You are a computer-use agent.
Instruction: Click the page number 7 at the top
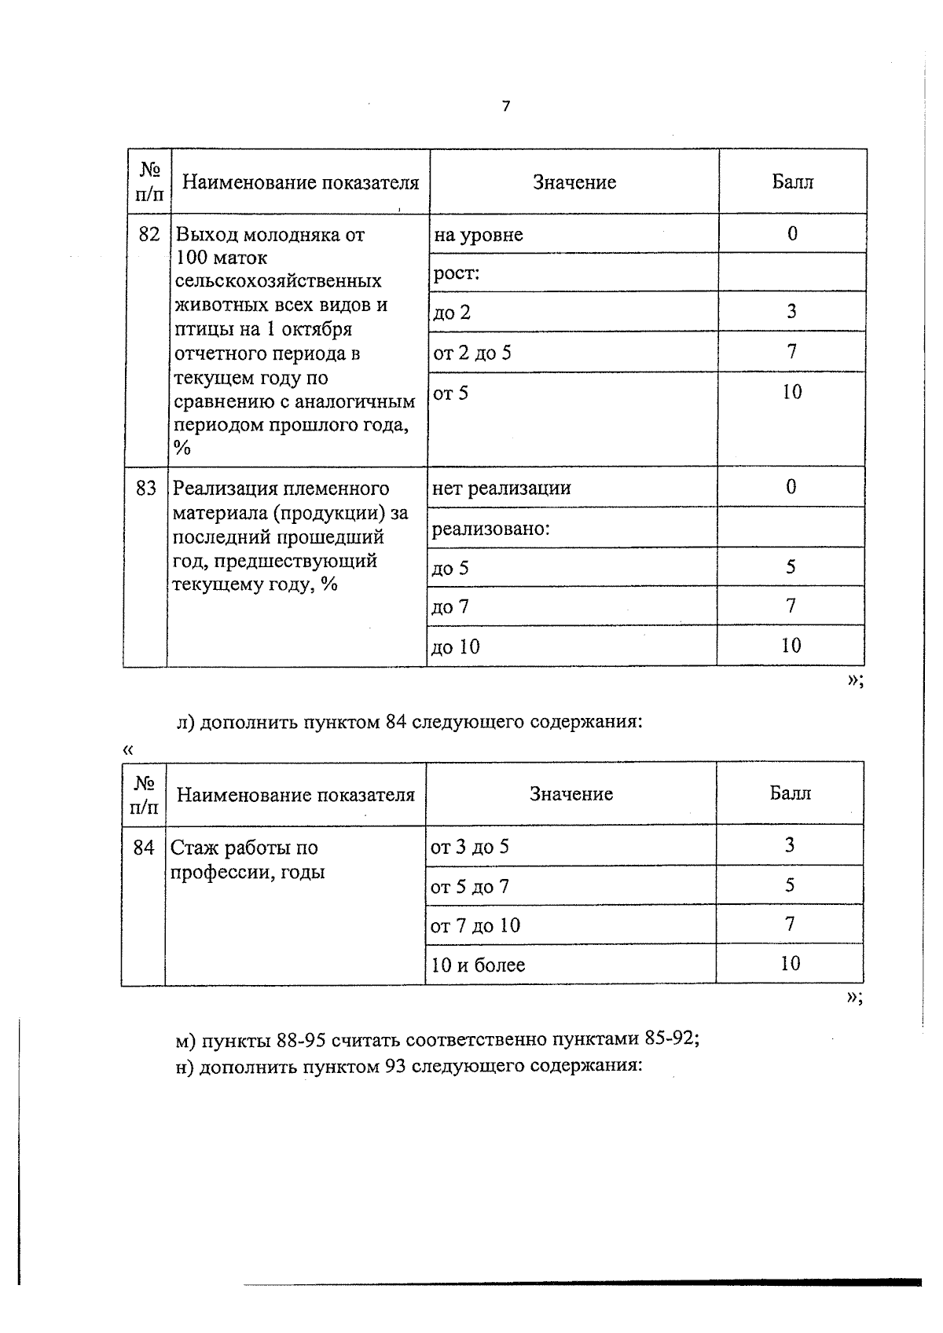pyautogui.click(x=505, y=106)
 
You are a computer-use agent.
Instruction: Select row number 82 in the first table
pyautogui.click(x=149, y=234)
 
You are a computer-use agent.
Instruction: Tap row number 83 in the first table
pyautogui.click(x=146, y=488)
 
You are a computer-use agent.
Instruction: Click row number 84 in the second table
pyautogui.click(x=144, y=848)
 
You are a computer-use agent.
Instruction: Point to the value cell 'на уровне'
pyautogui.click(x=478, y=235)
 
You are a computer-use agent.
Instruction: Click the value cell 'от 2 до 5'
pyautogui.click(x=472, y=353)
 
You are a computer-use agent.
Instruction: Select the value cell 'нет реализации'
pyautogui.click(x=501, y=488)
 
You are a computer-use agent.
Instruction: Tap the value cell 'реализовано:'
pyautogui.click(x=490, y=529)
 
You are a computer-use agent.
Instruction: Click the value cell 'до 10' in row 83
pyautogui.click(x=456, y=647)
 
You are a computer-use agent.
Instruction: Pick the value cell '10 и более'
pyautogui.click(x=478, y=965)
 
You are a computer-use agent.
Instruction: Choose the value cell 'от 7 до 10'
pyautogui.click(x=475, y=925)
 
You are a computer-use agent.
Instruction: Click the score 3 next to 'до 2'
pyautogui.click(x=791, y=312)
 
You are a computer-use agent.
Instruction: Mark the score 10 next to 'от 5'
pyautogui.click(x=791, y=392)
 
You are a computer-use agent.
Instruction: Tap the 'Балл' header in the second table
pyautogui.click(x=790, y=793)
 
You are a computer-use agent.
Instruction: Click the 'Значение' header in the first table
pyautogui.click(x=574, y=182)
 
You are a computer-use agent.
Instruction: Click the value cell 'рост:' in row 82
pyautogui.click(x=457, y=273)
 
